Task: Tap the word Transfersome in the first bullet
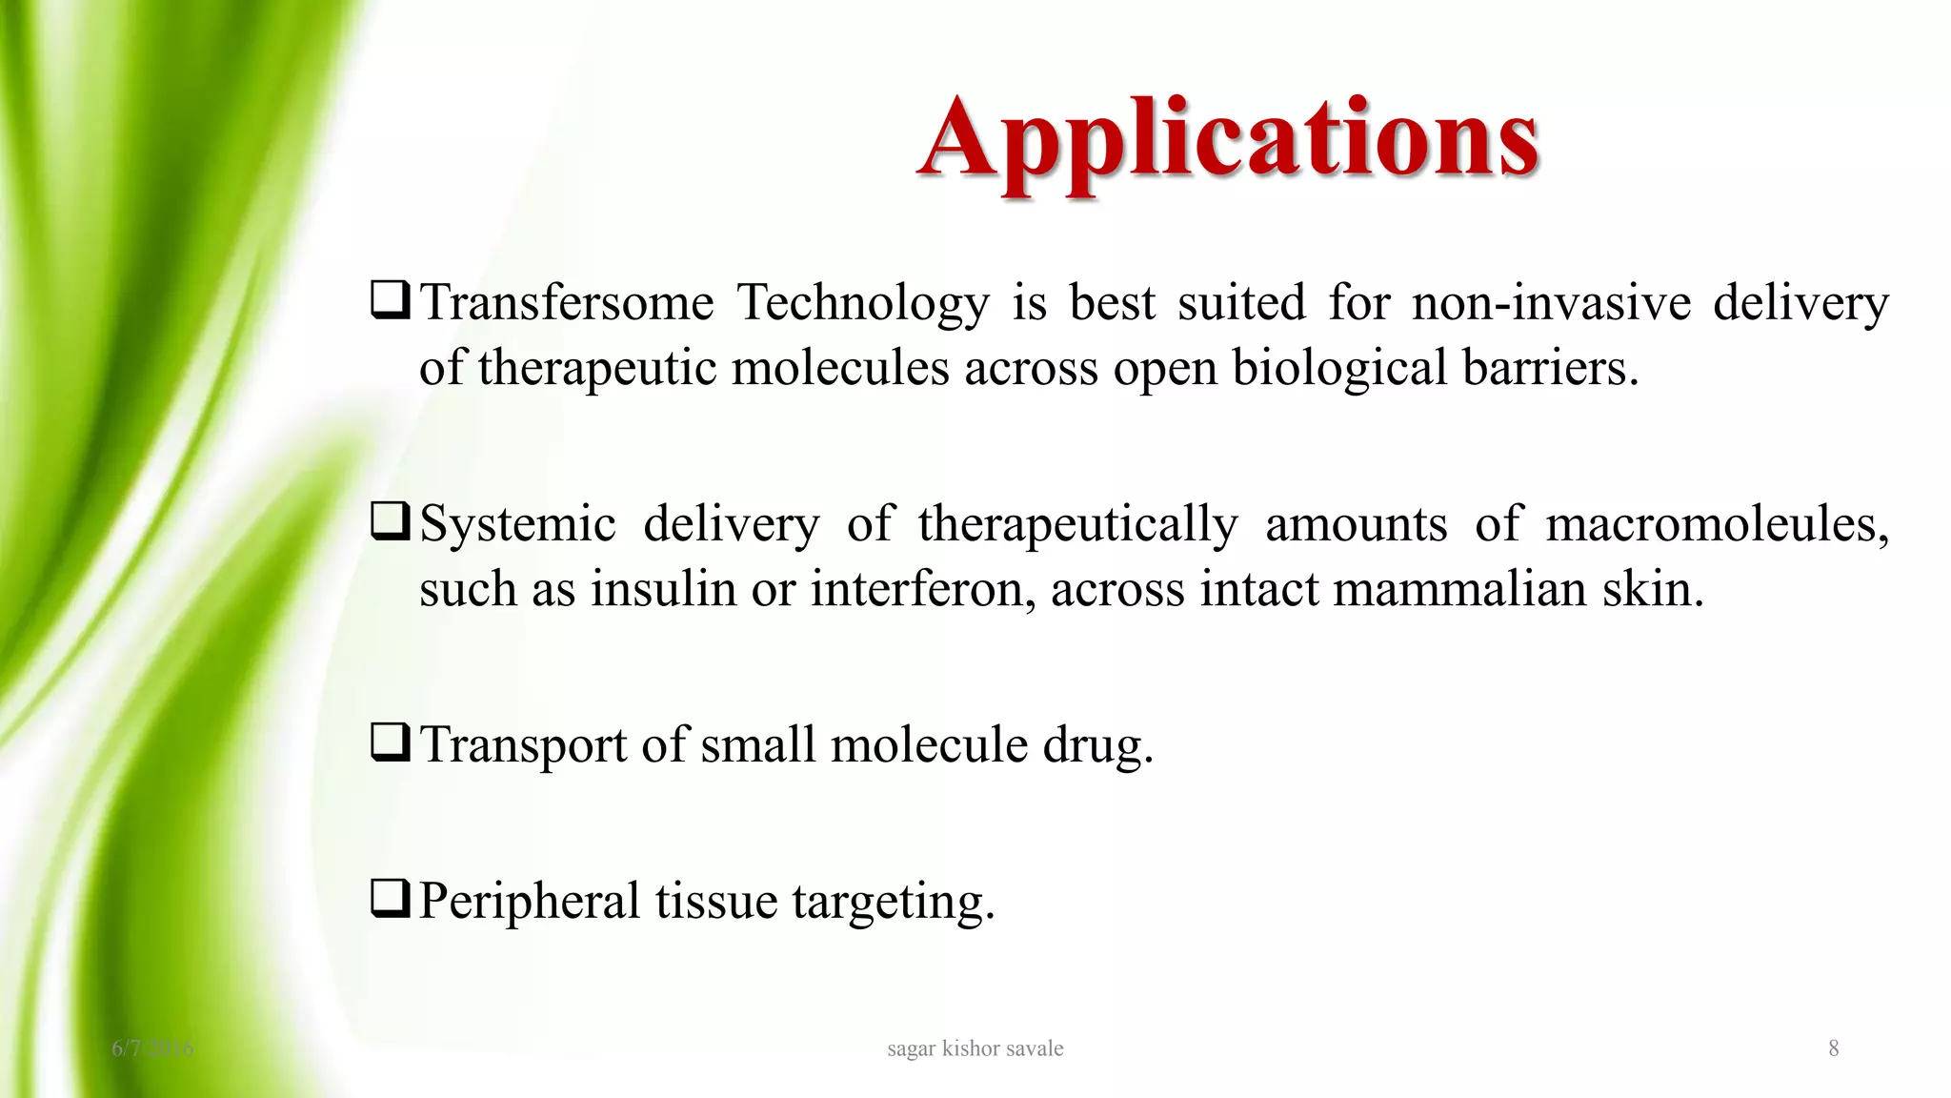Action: coord(567,303)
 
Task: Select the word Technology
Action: coord(863,303)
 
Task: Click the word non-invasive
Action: coord(1551,303)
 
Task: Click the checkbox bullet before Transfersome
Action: coord(391,300)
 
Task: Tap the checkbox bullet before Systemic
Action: coord(391,521)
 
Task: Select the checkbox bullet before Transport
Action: coord(391,742)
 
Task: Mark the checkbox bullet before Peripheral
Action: coord(391,899)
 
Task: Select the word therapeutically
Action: coord(1078,524)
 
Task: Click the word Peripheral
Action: coord(530,901)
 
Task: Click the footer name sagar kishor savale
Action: coord(975,1048)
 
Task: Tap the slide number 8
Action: coord(1833,1048)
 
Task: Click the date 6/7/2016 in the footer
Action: coord(152,1048)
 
